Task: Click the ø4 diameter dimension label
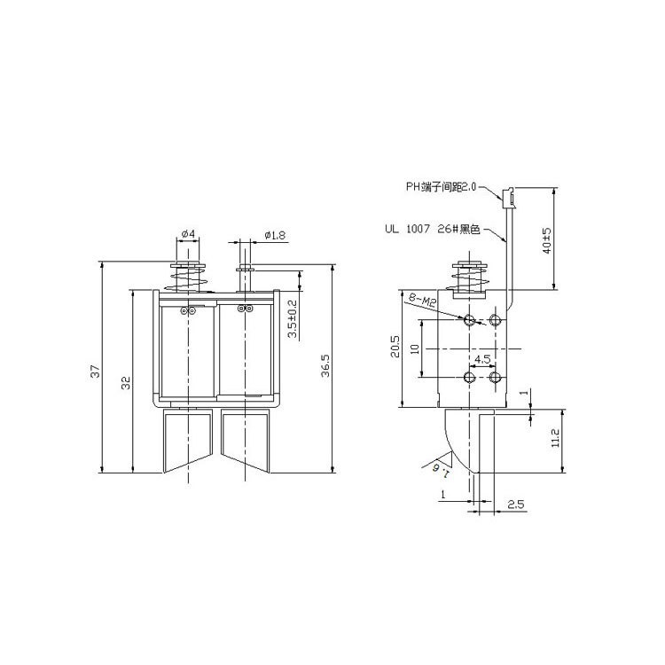pyautogui.click(x=188, y=234)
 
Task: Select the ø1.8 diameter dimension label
pyautogui.click(x=275, y=235)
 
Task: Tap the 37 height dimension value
pyautogui.click(x=97, y=372)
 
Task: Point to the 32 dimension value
pyautogui.click(x=127, y=383)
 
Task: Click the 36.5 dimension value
pyautogui.click(x=325, y=366)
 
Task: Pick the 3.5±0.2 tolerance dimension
pyautogui.click(x=293, y=319)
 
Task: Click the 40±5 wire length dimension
pyautogui.click(x=547, y=240)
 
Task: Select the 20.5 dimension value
pyautogui.click(x=395, y=347)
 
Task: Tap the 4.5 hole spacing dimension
pyautogui.click(x=482, y=360)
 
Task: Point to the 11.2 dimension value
pyautogui.click(x=556, y=438)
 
